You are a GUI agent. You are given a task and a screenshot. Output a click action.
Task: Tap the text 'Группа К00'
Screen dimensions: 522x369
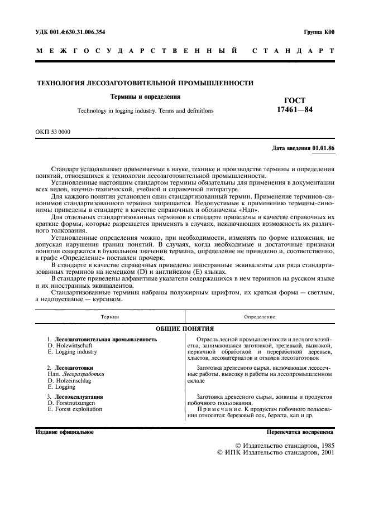point(319,32)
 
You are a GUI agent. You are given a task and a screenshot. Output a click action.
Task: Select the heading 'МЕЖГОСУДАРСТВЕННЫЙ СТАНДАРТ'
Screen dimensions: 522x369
point(185,51)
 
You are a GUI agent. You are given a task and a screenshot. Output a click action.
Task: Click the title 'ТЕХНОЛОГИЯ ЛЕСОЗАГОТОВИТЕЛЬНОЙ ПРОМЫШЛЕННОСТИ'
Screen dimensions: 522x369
point(145,83)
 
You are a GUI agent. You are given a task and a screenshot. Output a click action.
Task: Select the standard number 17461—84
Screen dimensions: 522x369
point(295,110)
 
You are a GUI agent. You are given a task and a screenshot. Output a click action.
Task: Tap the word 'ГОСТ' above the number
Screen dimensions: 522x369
point(295,100)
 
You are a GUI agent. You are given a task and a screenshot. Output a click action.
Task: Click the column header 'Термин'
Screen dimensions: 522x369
point(110,316)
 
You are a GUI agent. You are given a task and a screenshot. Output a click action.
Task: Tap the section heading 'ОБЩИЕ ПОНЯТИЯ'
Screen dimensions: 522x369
point(184,328)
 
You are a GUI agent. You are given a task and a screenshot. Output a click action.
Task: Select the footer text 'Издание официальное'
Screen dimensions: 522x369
point(64,432)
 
